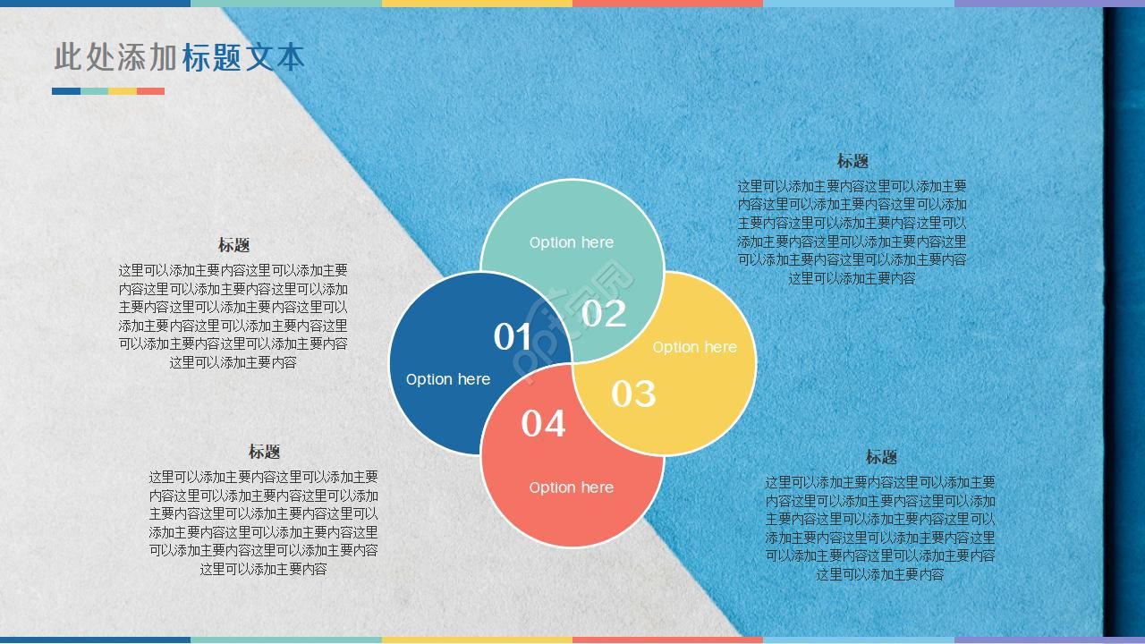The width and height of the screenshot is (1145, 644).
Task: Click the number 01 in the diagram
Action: [x=513, y=337]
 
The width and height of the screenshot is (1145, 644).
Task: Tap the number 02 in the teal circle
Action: [x=604, y=313]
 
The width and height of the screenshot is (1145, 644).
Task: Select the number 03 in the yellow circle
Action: [x=633, y=394]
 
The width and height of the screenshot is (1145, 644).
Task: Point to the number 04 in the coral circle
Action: [x=543, y=423]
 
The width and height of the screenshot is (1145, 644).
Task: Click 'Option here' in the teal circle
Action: [x=571, y=242]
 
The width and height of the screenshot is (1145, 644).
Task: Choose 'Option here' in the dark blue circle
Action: [x=447, y=379]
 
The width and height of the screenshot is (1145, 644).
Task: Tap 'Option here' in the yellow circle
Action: [x=694, y=347]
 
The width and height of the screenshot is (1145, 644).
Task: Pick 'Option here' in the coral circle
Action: [x=571, y=487]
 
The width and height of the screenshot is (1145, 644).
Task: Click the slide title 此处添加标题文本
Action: [x=179, y=57]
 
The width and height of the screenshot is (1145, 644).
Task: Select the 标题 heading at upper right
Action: [x=852, y=161]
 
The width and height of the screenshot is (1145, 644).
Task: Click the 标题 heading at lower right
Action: [x=880, y=457]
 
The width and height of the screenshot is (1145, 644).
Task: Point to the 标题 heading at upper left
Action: [x=233, y=245]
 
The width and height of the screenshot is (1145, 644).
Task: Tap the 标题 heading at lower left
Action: [x=264, y=452]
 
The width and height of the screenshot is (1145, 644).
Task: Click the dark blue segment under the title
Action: [x=66, y=91]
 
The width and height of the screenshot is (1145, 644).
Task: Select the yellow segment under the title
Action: [x=123, y=91]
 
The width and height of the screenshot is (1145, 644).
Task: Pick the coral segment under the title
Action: [x=150, y=91]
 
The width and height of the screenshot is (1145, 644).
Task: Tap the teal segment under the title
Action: [x=95, y=91]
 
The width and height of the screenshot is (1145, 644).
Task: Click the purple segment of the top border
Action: [x=1049, y=3]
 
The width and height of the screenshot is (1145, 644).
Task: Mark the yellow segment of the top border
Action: [x=477, y=3]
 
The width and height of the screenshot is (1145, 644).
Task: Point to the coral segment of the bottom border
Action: [x=667, y=640]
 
